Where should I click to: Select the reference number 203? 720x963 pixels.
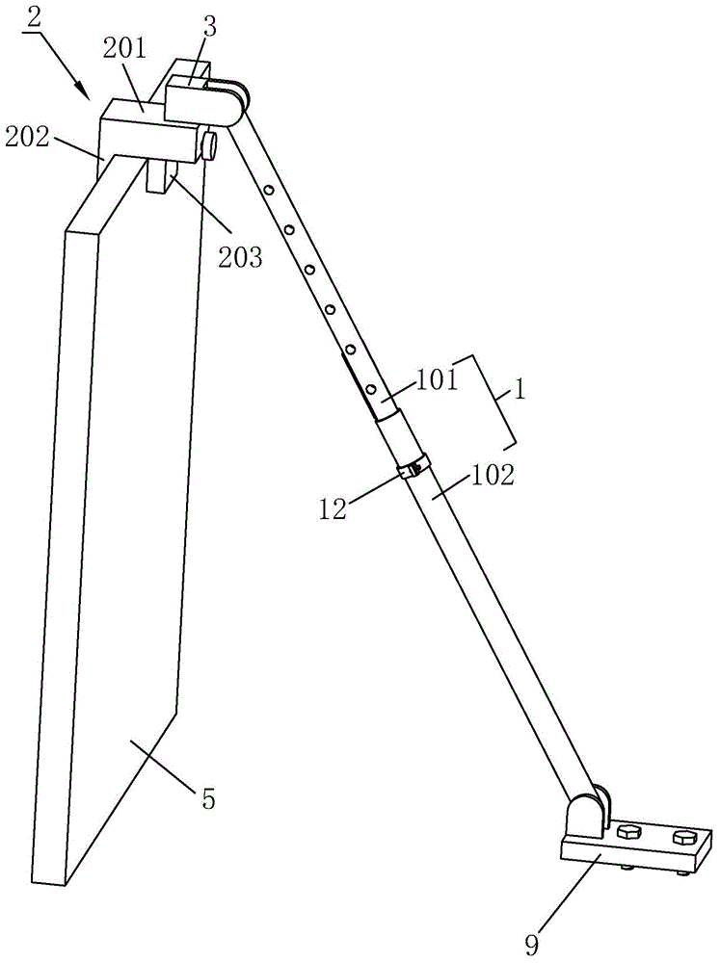pyautogui.click(x=240, y=256)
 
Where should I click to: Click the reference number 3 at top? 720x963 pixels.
pyautogui.click(x=209, y=26)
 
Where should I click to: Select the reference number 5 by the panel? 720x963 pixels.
pyautogui.click(x=207, y=798)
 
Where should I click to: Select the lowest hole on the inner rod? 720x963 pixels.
pyautogui.click(x=370, y=389)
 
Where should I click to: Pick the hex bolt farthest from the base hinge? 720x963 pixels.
pyautogui.click(x=685, y=836)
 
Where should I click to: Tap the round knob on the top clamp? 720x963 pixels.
pyautogui.click(x=209, y=146)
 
